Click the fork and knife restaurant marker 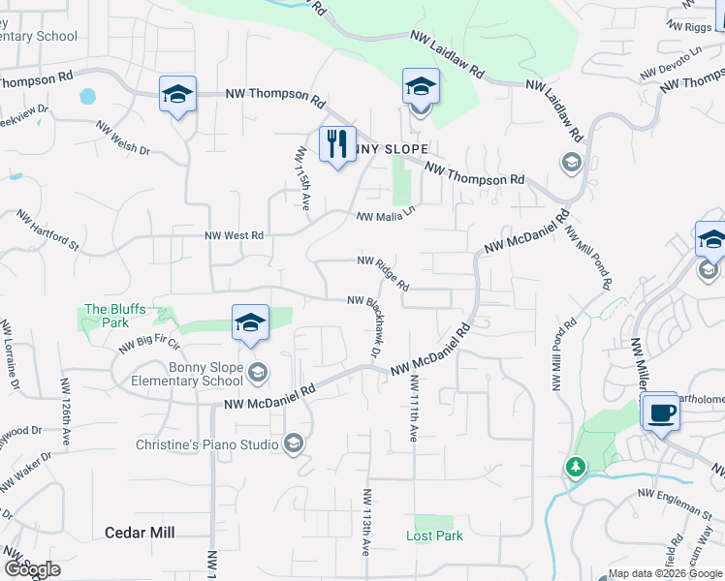pyautogui.click(x=337, y=144)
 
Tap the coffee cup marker pyautogui.click(x=661, y=412)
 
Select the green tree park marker pyautogui.click(x=576, y=467)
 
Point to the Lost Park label pyautogui.click(x=434, y=535)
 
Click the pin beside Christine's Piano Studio pyautogui.click(x=293, y=444)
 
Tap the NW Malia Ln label pyautogui.click(x=385, y=218)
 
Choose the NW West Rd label pyautogui.click(x=234, y=235)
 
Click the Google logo pyautogui.click(x=32, y=569)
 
